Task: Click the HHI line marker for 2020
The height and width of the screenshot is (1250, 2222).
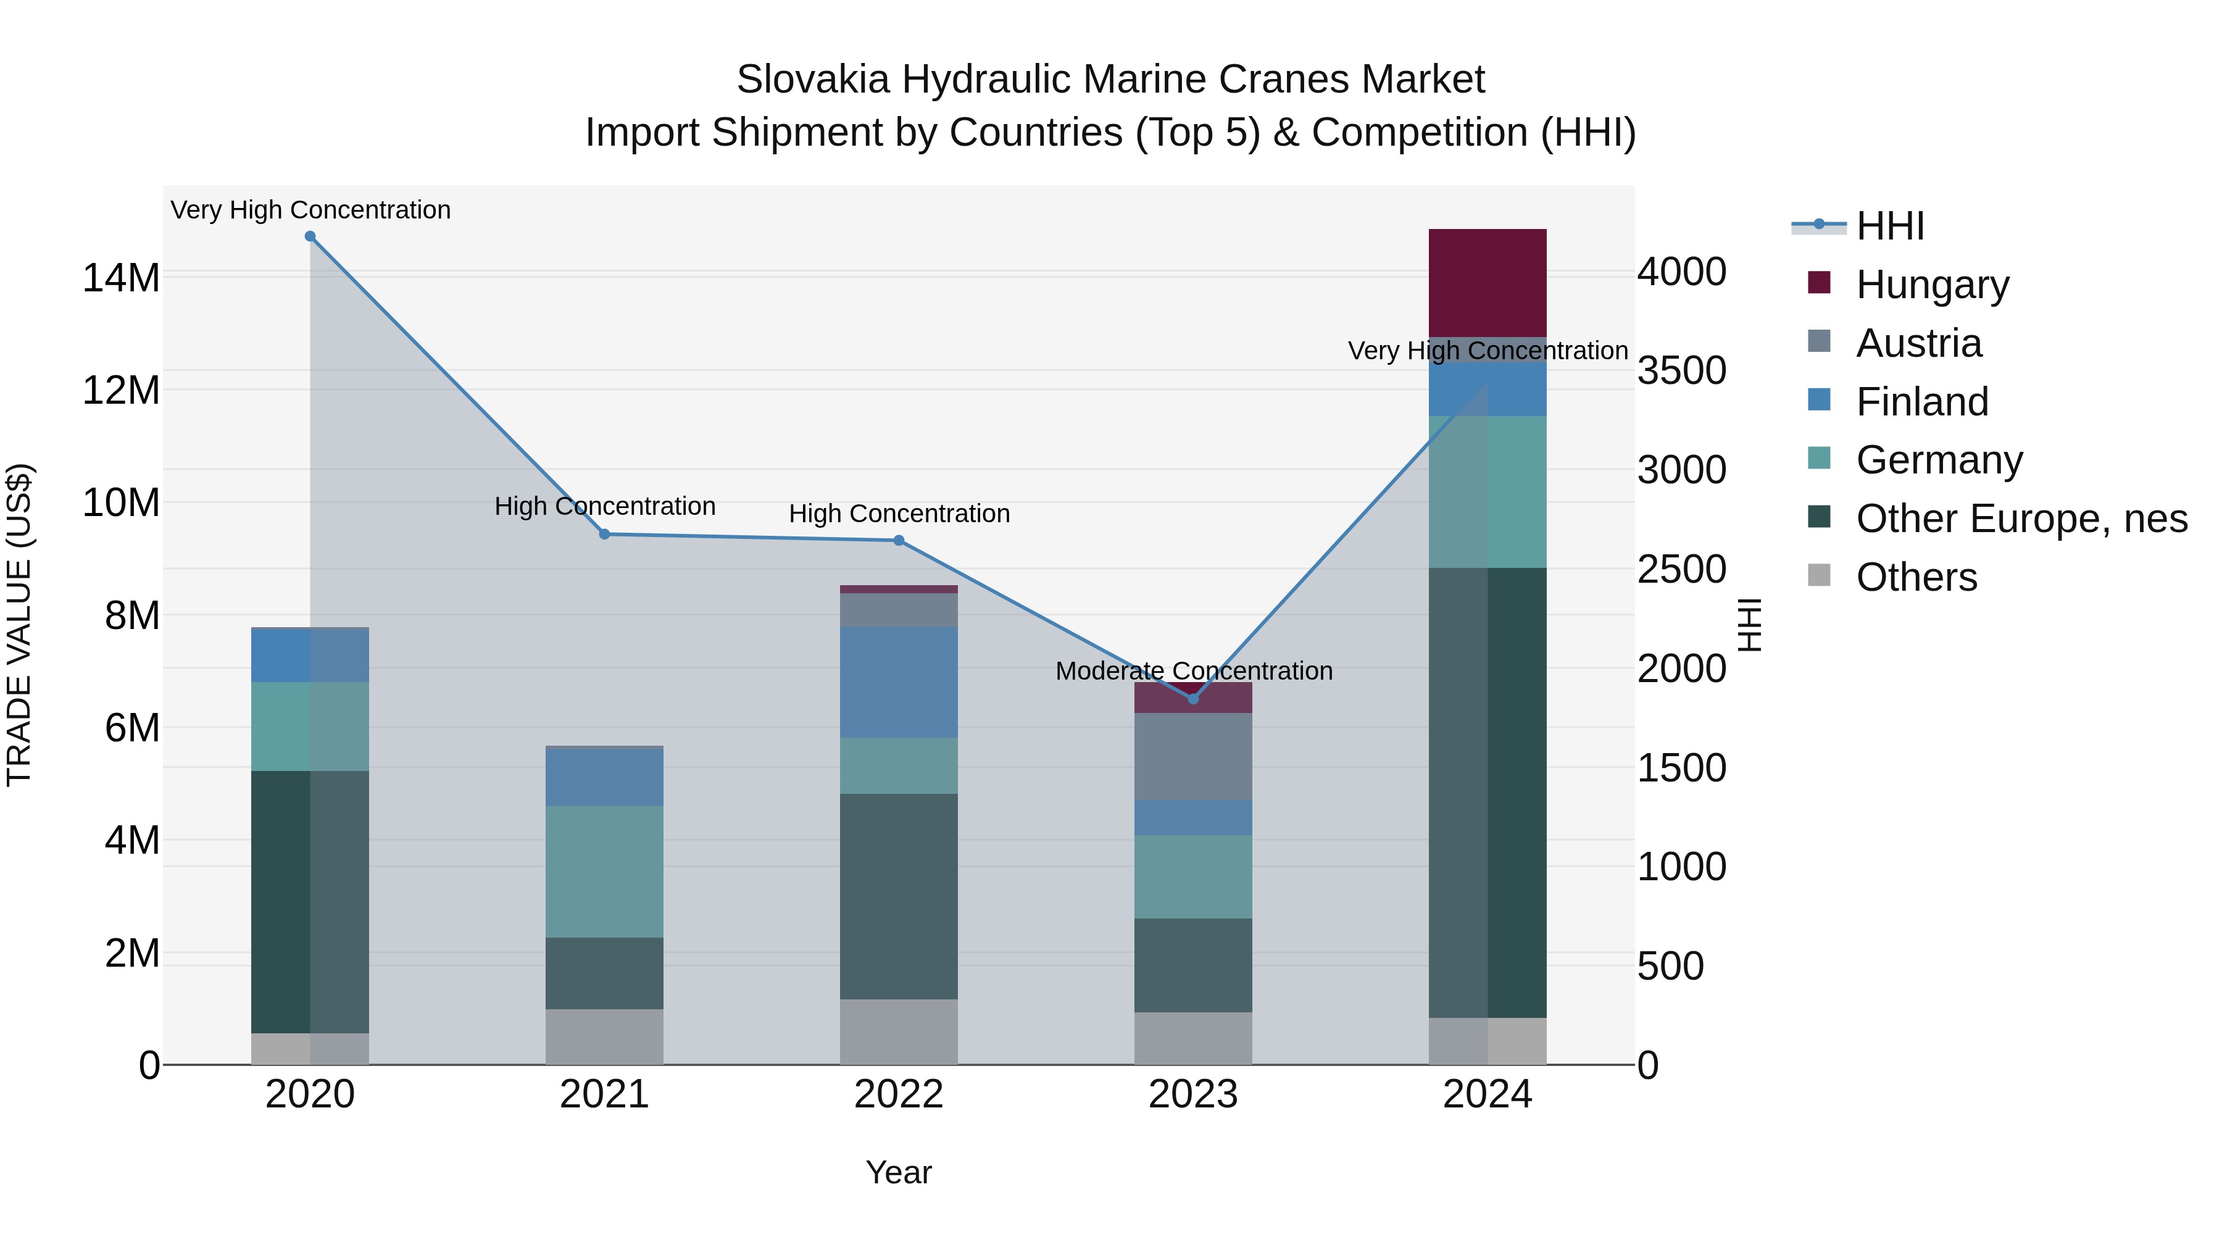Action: coord(310,236)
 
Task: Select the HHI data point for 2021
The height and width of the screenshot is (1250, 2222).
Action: coord(605,534)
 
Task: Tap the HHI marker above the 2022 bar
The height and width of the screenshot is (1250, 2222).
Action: coord(899,540)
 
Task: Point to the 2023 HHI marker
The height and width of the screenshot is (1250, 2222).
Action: coord(1194,699)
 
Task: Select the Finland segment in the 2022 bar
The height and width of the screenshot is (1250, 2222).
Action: coord(899,681)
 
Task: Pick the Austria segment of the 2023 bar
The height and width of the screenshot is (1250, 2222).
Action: coord(1193,757)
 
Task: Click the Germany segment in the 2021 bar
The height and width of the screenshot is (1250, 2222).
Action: coord(605,871)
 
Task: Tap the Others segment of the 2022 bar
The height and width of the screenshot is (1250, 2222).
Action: coord(899,1031)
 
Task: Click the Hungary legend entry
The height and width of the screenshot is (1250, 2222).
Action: coord(1932,285)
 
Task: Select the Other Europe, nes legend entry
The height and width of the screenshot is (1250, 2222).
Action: coord(2020,519)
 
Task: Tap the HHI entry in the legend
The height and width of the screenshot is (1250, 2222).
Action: coord(1889,226)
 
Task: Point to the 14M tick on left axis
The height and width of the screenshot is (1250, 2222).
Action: coord(121,278)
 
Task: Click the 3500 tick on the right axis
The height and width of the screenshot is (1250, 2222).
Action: coord(1682,371)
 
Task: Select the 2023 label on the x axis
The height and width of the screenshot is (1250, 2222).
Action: coord(1193,1094)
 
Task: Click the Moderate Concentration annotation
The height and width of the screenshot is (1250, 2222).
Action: coord(1194,670)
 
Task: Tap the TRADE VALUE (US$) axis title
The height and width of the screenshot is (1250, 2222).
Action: coord(19,625)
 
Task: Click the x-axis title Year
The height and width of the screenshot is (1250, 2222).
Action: coord(899,1172)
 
